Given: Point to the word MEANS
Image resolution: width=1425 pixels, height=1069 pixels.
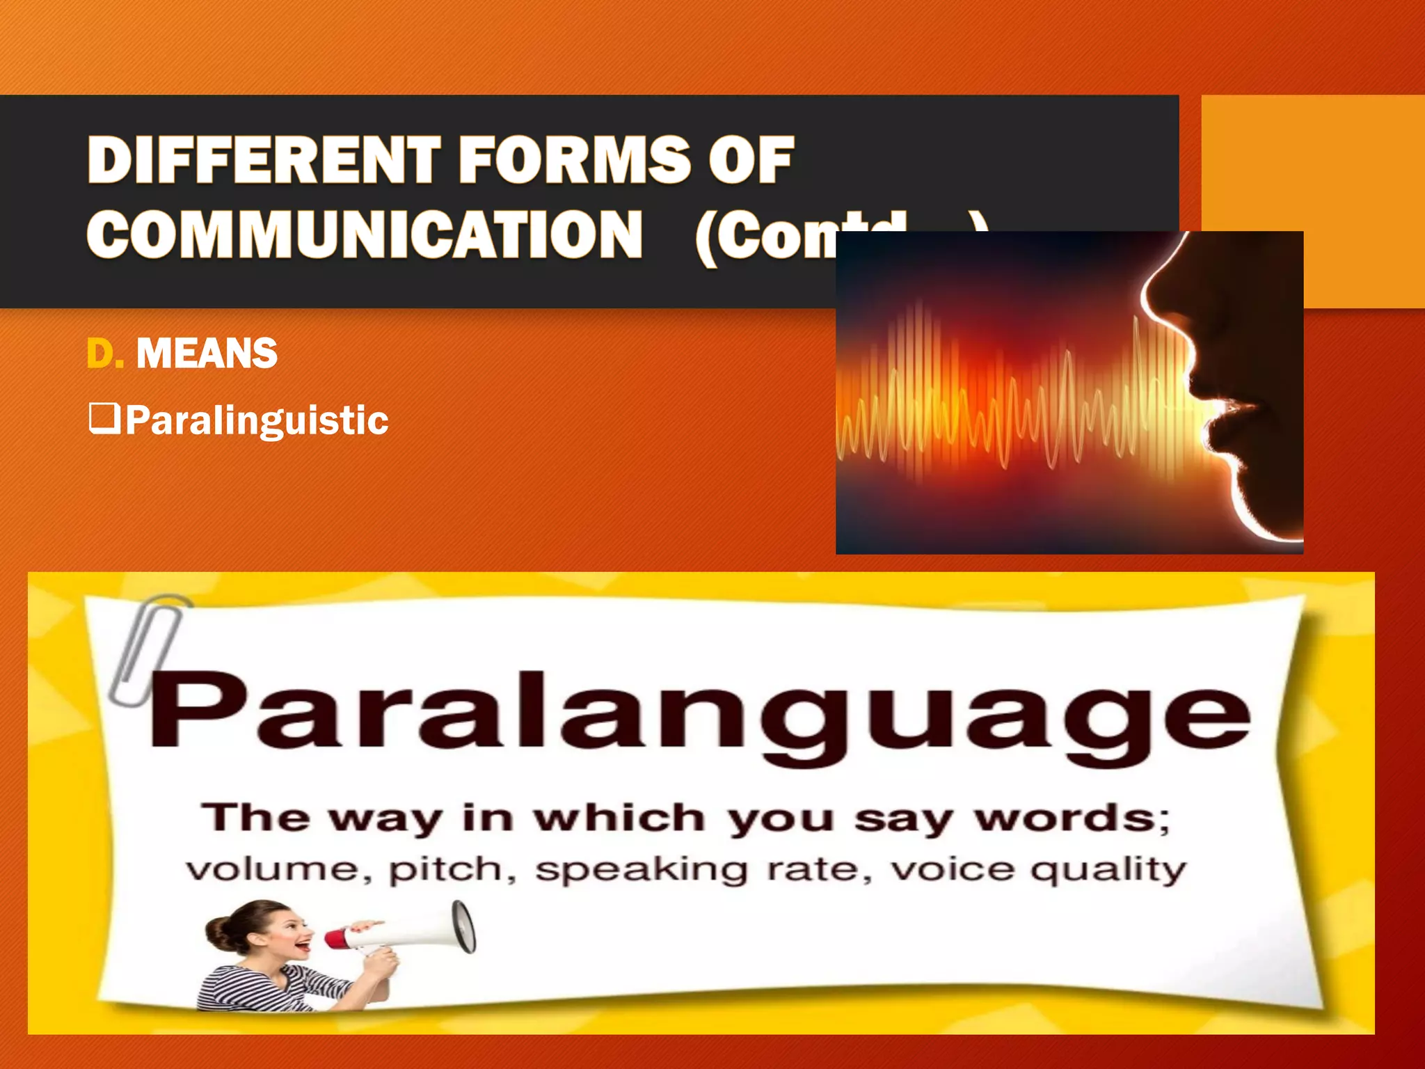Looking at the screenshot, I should (x=207, y=354).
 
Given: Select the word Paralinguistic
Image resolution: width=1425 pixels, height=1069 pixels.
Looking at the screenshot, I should (x=257, y=420).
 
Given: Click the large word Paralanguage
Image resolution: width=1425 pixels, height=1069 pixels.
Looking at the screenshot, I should (x=699, y=713).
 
